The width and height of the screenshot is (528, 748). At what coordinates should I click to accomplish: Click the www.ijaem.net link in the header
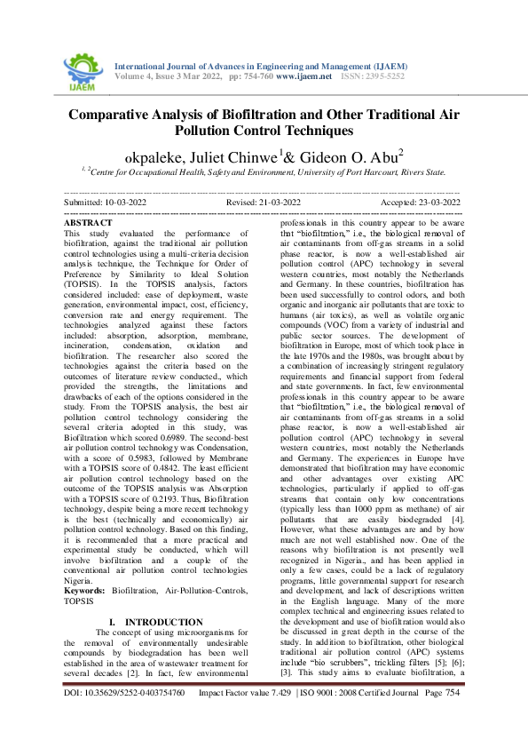(303, 76)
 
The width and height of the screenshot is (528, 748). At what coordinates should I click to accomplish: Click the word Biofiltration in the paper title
(255, 114)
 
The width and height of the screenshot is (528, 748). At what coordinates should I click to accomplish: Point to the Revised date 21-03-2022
(275, 203)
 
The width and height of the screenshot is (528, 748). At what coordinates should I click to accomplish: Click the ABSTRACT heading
(90, 223)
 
